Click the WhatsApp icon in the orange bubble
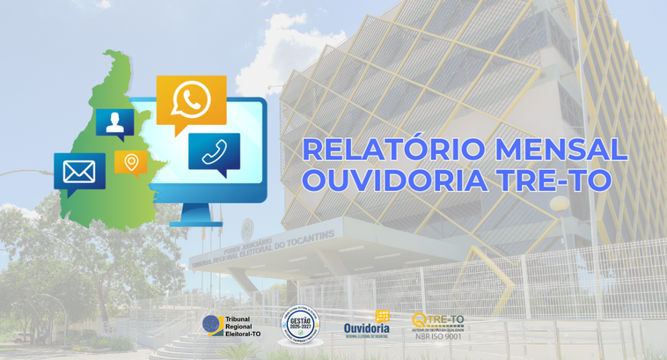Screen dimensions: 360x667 191,100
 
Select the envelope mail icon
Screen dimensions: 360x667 79,172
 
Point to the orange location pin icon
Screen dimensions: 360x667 131,162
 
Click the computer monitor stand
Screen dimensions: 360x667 196,215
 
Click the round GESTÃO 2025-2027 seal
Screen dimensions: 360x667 298,323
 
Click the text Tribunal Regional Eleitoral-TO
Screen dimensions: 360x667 243,327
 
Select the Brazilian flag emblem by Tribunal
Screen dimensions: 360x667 211,326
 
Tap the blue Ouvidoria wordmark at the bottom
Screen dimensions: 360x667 366,327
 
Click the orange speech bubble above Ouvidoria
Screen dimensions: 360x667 382,315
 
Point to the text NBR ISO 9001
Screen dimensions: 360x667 438,335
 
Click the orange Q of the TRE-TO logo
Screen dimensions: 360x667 420,320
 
